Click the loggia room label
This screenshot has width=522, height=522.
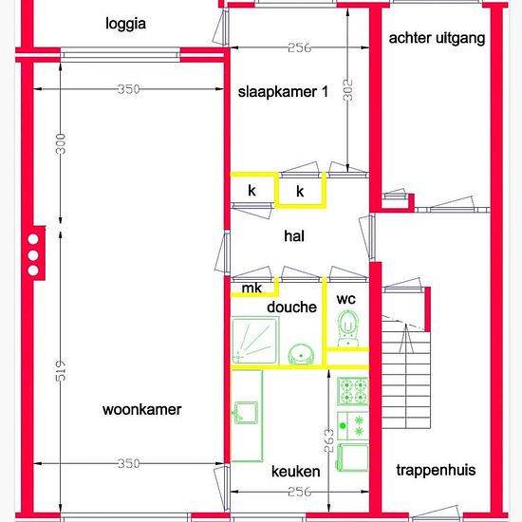[125, 24]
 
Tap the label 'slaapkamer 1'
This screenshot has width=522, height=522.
[283, 91]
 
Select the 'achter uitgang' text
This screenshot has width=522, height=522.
[437, 38]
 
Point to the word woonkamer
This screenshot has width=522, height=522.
[142, 409]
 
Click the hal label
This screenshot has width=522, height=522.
[294, 236]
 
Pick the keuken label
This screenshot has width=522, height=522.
[295, 472]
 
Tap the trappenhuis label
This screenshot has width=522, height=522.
[436, 471]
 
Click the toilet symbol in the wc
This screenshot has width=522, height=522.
[348, 328]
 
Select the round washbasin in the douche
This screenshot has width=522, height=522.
[301, 355]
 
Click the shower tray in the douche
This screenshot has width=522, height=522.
[255, 340]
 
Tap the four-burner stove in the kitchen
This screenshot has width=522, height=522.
[353, 391]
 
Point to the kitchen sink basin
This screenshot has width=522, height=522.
[247, 413]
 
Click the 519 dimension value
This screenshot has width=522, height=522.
[61, 370]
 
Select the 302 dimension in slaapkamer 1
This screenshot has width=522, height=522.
[347, 89]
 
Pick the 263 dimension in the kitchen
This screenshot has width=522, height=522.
[328, 440]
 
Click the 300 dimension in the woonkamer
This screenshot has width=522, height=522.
[61, 143]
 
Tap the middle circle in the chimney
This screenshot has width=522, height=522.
[33, 255]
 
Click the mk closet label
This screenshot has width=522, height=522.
[252, 289]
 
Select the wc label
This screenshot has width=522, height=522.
[345, 299]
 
